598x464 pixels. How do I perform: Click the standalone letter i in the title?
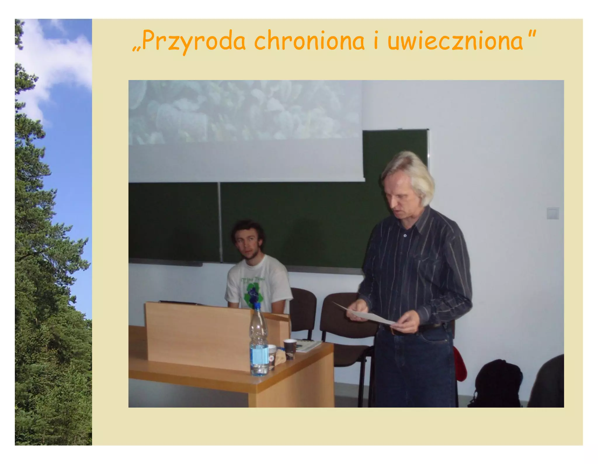click(376, 41)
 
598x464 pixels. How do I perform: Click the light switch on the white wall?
click(552, 213)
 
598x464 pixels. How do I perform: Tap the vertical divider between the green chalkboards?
click(220, 222)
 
